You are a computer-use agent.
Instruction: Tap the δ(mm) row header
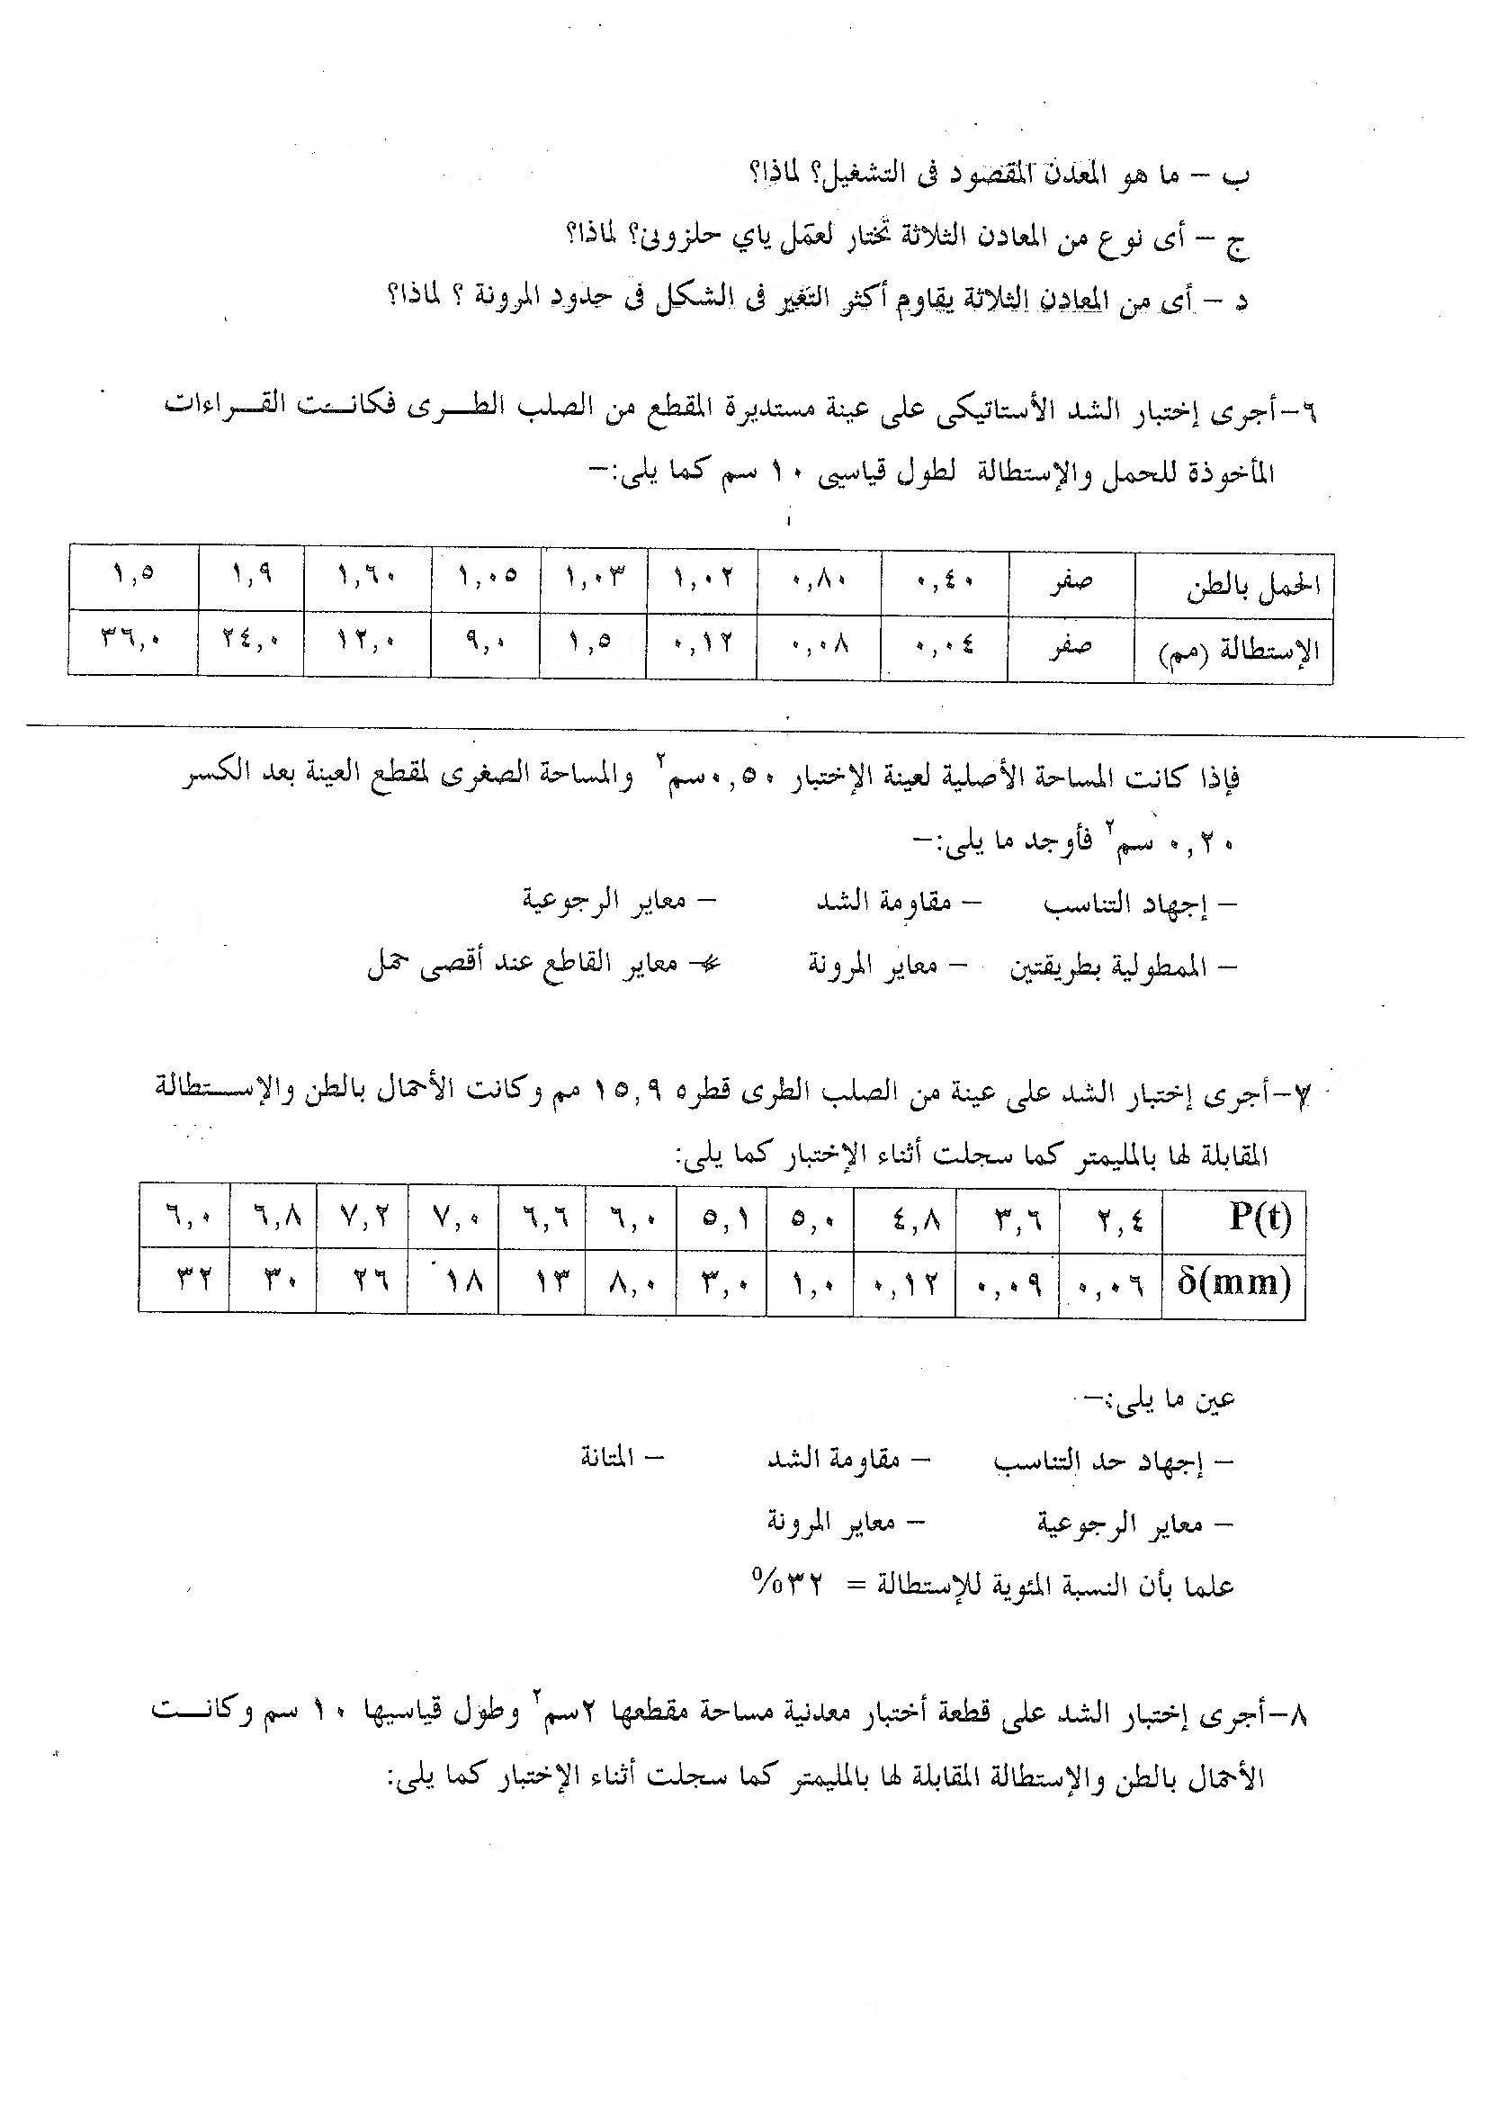[x=1233, y=1282]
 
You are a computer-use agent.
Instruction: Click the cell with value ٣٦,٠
[x=133, y=642]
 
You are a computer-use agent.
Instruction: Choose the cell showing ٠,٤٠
[x=945, y=580]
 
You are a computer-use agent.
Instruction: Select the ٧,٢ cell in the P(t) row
[x=363, y=1219]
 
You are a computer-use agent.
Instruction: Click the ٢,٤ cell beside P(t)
[x=1109, y=1219]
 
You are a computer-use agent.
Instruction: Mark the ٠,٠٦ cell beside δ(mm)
[x=1109, y=1284]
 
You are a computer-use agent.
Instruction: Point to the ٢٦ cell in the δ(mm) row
[x=363, y=1282]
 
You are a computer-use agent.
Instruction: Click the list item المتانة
[x=619, y=1458]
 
